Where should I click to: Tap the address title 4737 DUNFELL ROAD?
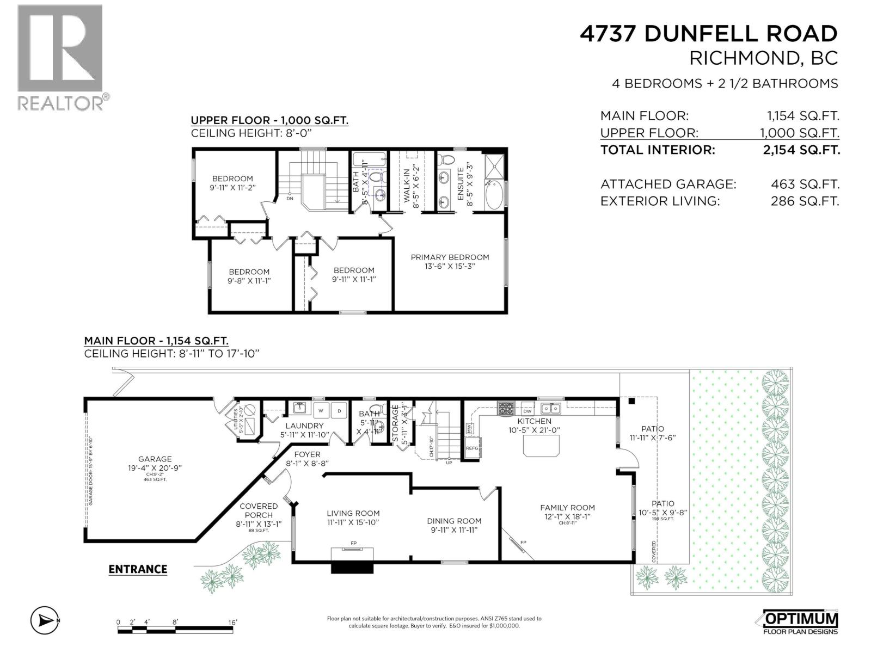click(x=708, y=34)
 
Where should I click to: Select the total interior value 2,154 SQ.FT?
click(x=801, y=150)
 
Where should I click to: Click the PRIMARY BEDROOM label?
click(x=450, y=257)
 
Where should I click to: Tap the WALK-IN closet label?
click(x=407, y=185)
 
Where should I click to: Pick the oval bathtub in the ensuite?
click(x=495, y=196)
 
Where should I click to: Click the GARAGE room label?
click(x=155, y=459)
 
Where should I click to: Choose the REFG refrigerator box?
click(x=471, y=448)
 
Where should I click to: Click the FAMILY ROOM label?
click(x=568, y=508)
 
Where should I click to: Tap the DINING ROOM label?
click(x=454, y=521)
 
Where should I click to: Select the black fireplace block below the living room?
click(x=353, y=568)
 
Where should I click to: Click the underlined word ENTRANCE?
click(x=138, y=569)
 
